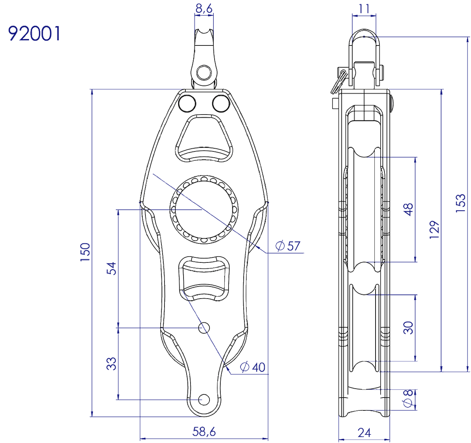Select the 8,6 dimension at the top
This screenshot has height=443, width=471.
coord(204,10)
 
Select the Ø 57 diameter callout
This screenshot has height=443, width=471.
coord(288,246)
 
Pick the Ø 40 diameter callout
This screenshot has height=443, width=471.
coord(253,367)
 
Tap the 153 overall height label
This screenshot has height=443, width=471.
coord(460,202)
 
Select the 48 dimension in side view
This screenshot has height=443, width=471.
coord(409,210)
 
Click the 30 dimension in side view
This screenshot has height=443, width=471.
coord(409,327)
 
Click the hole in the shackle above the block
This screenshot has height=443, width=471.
coord(202,73)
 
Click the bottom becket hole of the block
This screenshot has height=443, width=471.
coord(203,399)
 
